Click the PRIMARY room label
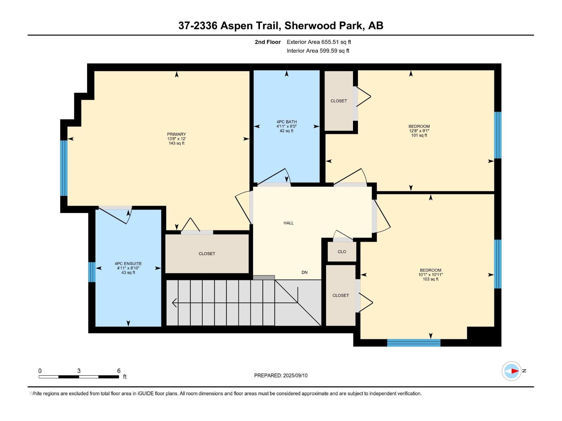(176, 134)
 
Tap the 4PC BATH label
(286, 122)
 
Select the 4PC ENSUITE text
(128, 263)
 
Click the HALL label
(288, 223)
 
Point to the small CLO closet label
(342, 252)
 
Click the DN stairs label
(304, 272)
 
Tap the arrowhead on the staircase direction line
(174, 302)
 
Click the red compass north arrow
(515, 371)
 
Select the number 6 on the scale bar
(119, 371)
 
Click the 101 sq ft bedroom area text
(419, 135)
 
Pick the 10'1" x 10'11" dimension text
(430, 275)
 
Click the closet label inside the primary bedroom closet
(207, 254)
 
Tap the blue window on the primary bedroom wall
(64, 168)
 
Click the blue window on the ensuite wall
(91, 272)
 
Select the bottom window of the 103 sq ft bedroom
(413, 343)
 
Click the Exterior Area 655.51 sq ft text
(319, 42)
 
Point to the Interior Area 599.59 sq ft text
(318, 51)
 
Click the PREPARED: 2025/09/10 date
(281, 375)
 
